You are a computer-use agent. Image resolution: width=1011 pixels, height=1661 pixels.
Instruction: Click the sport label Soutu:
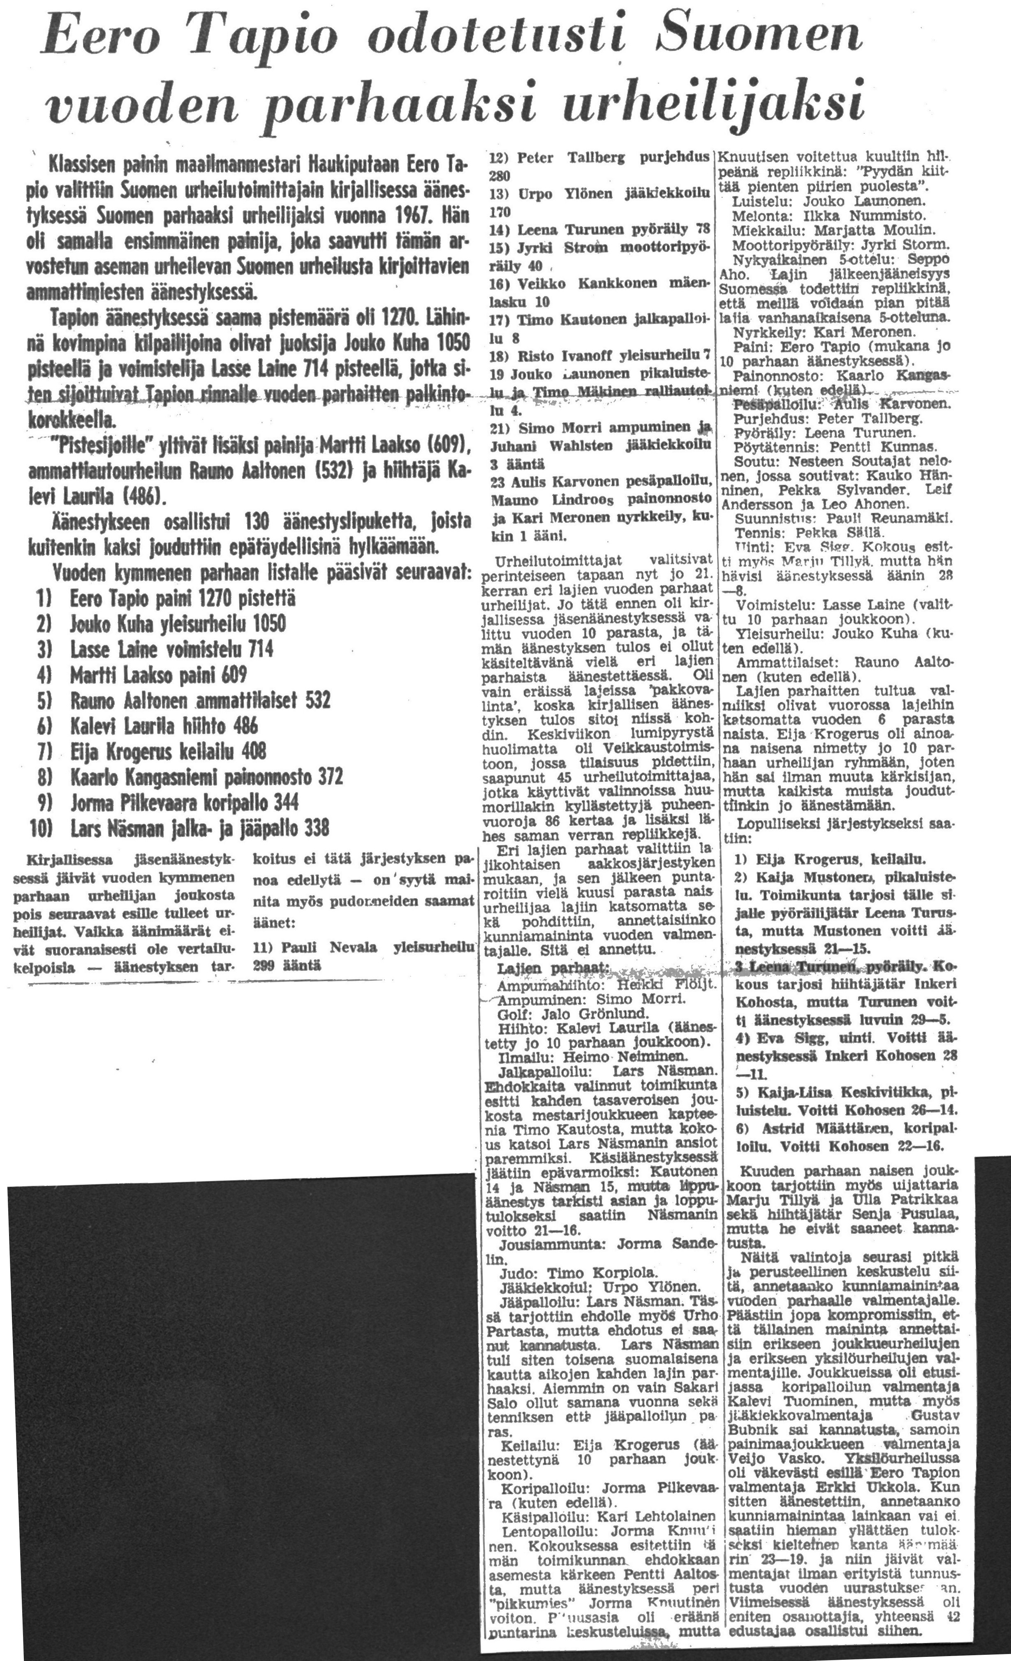tap(752, 461)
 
